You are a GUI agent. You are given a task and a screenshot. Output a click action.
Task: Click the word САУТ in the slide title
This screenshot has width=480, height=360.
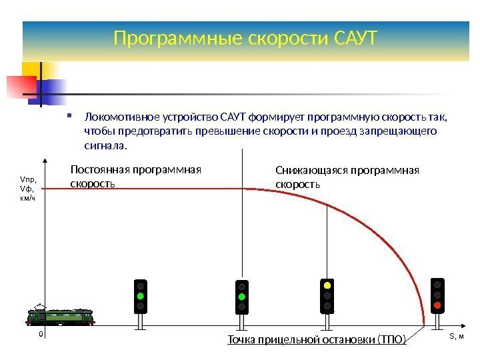coord(354,39)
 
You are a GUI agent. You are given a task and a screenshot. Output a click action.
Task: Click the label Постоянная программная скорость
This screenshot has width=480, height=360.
coord(135,175)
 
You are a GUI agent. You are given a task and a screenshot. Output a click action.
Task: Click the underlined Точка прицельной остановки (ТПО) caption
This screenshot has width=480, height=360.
coord(317,341)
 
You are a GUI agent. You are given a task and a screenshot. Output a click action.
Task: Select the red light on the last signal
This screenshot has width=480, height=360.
coord(437,305)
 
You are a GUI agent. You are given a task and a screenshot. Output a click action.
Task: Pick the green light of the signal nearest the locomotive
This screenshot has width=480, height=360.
coord(141,295)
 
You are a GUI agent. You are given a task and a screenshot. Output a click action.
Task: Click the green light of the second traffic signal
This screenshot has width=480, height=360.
coord(242,296)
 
